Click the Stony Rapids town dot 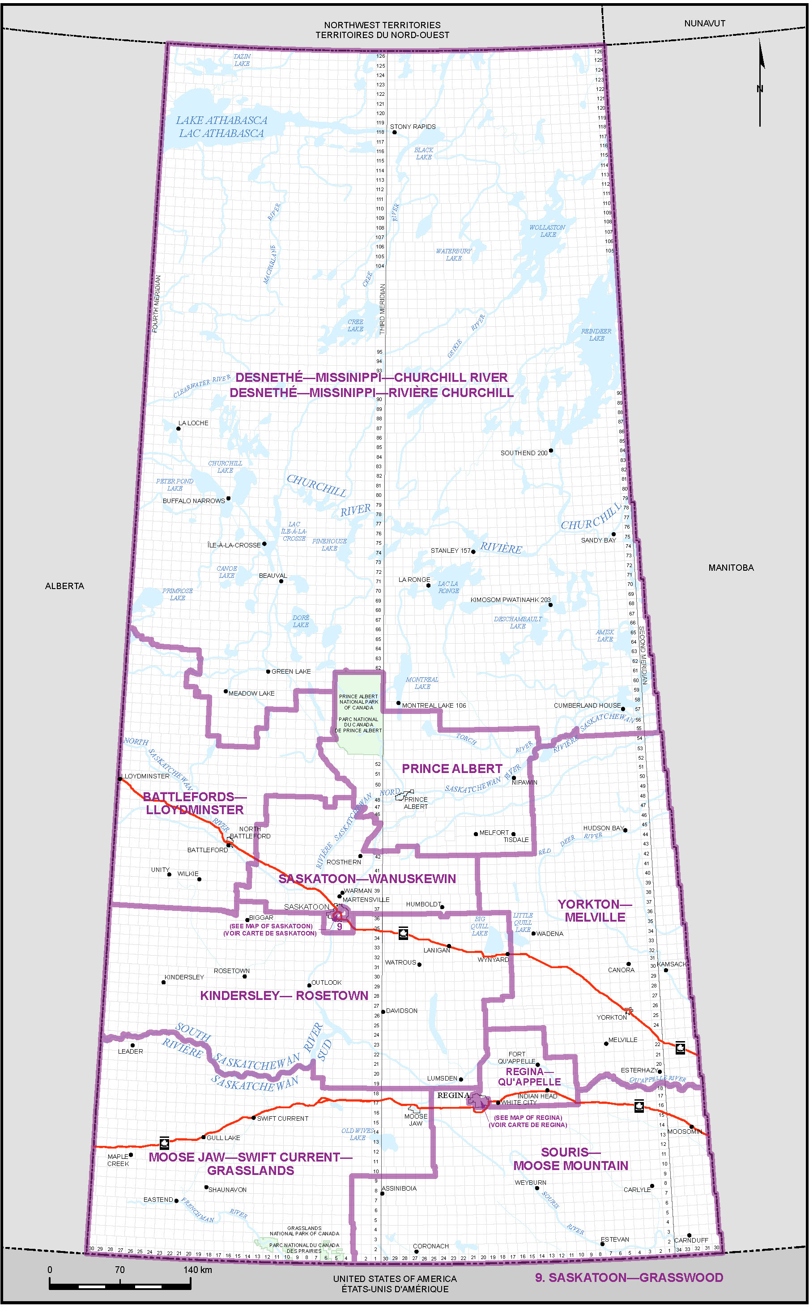tap(394, 132)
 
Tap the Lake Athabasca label tap(221, 127)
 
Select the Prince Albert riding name tap(451, 769)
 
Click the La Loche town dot tap(179, 429)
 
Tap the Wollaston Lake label tap(547, 231)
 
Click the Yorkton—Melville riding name tap(594, 910)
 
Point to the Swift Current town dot tap(254, 1118)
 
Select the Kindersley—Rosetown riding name tap(284, 995)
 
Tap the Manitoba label tap(731, 567)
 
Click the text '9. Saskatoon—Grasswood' tap(629, 1278)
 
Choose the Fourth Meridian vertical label tap(157, 304)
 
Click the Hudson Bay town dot tap(625, 830)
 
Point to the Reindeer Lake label tap(596, 334)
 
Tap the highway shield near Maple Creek tap(164, 1143)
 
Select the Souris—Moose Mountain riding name tap(571, 1159)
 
